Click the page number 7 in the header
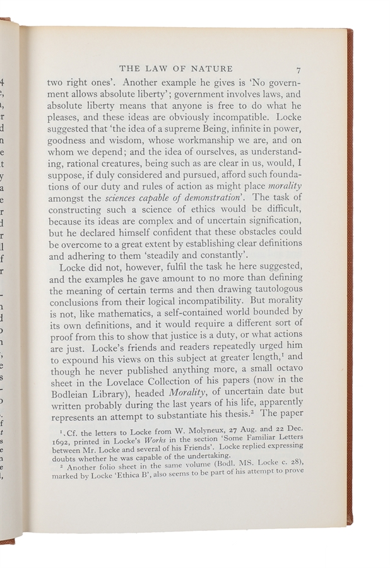coord(297,69)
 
